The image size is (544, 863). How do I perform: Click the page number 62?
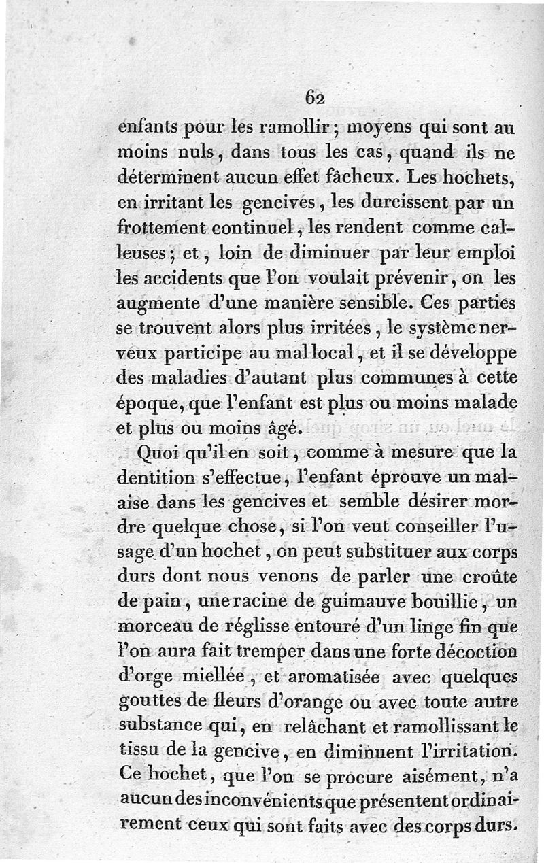(315, 97)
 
